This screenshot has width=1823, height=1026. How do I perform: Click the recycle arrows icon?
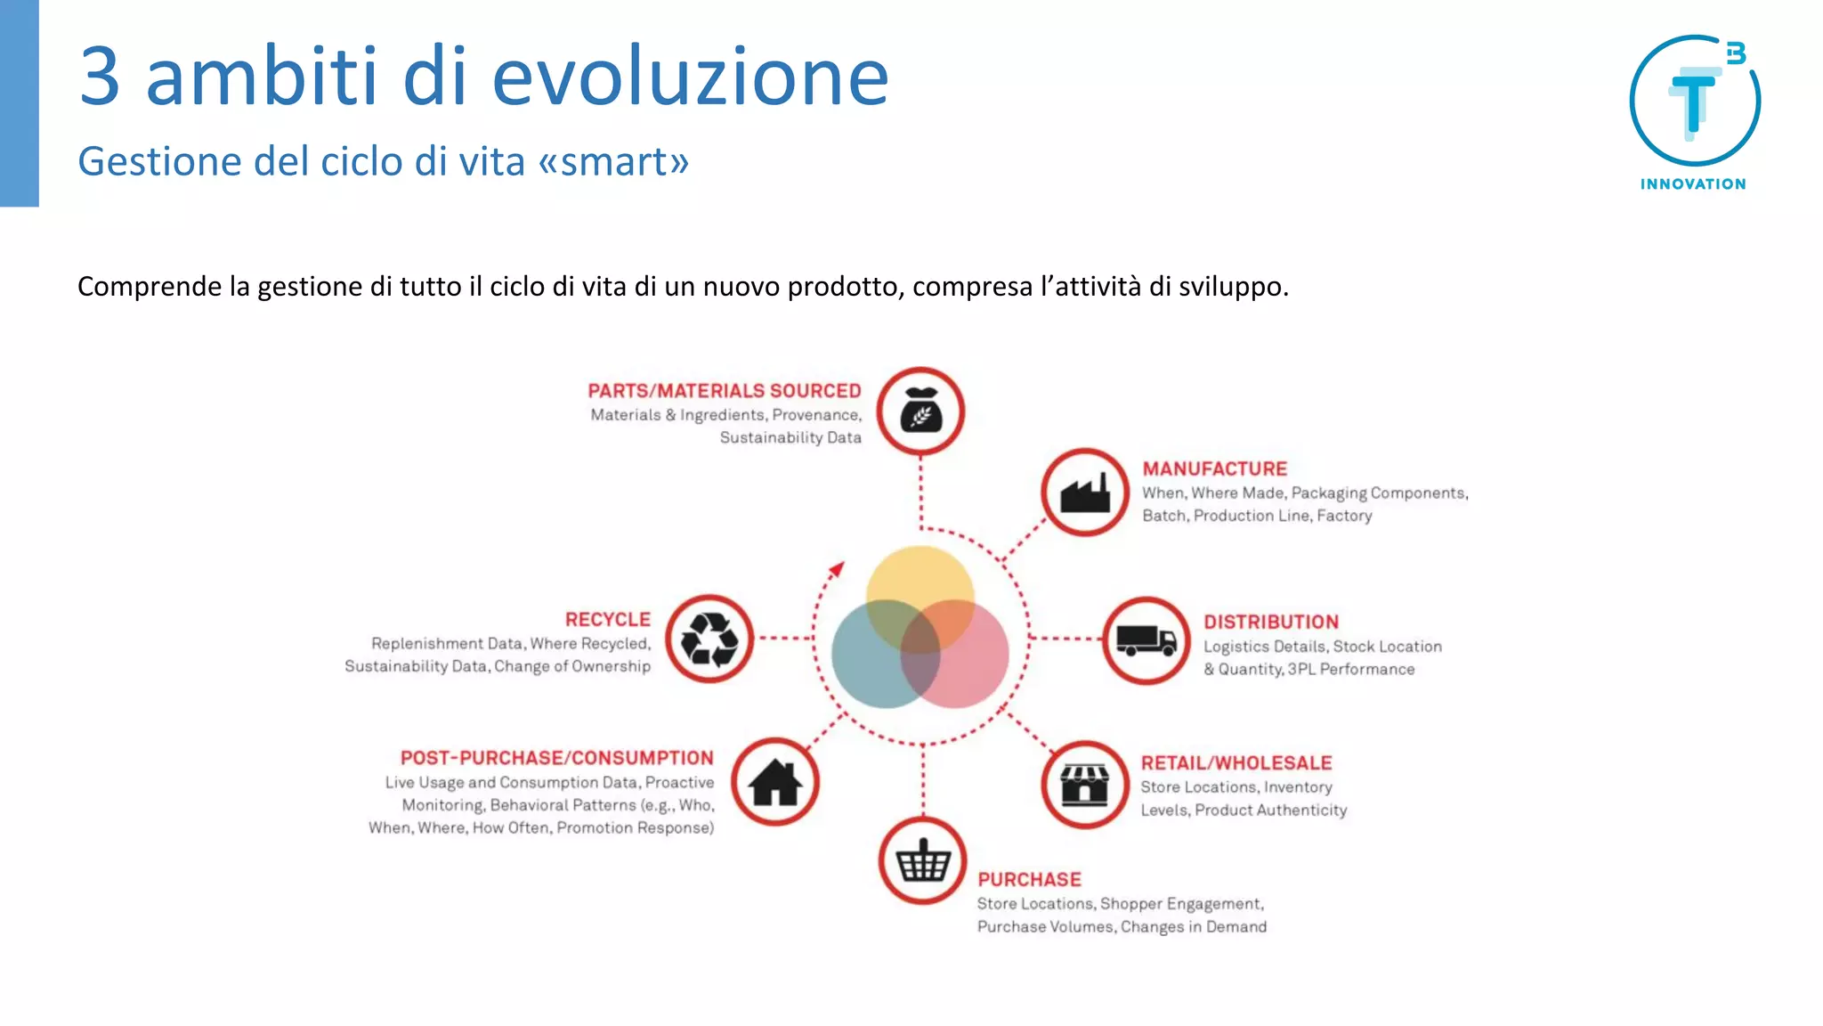tap(709, 639)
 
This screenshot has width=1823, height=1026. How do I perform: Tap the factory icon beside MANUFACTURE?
tap(1085, 493)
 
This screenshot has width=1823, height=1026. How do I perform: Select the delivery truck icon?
tap(1146, 640)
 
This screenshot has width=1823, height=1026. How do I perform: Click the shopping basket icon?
tap(922, 861)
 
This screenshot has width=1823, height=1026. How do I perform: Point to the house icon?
tap(775, 783)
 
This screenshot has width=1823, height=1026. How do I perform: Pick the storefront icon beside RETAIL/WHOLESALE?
tap(1084, 784)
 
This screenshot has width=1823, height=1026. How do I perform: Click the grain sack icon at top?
tap(920, 411)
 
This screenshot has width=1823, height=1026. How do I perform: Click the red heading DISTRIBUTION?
tap(1270, 622)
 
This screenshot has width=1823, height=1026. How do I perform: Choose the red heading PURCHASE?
tap(1029, 879)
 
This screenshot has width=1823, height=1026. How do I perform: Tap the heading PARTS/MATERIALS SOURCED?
tap(724, 391)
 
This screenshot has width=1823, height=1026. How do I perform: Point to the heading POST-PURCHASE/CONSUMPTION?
tap(556, 758)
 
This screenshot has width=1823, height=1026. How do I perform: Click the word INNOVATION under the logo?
tap(1693, 184)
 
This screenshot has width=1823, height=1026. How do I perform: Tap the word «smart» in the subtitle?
tap(613, 162)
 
